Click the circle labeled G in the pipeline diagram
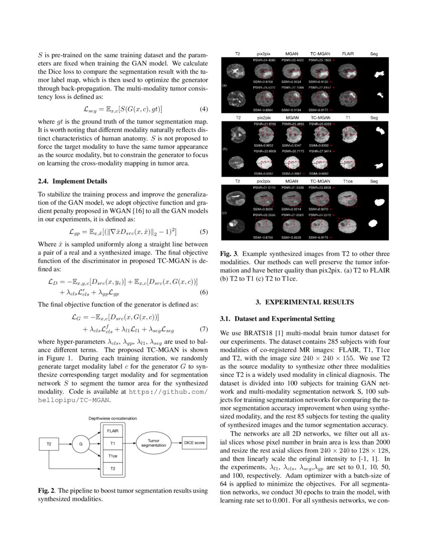[x=80, y=444]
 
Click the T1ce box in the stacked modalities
[x=113, y=456]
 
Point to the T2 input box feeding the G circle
[x=49, y=444]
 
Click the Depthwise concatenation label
[x=113, y=418]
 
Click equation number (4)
[x=203, y=109]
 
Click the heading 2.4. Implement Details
[x=73, y=181]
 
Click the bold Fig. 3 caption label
[x=229, y=254]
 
